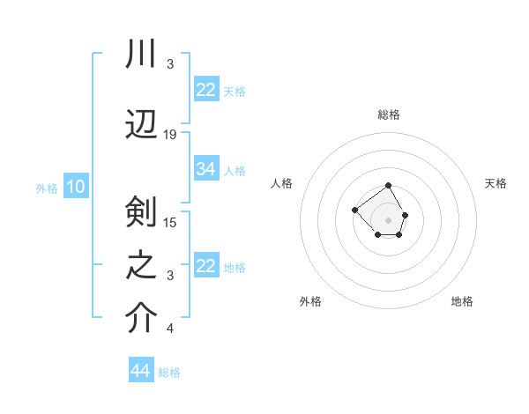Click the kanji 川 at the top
click(141, 55)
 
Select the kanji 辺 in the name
click(141, 123)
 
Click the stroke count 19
click(170, 135)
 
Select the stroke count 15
click(170, 222)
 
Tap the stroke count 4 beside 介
click(170, 329)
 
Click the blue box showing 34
click(206, 169)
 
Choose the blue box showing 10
click(75, 187)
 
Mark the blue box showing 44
click(141, 371)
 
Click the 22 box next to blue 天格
click(206, 90)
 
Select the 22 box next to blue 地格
click(206, 266)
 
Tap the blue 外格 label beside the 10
click(47, 188)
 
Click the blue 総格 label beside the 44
click(169, 373)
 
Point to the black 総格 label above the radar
click(389, 115)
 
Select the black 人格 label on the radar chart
click(281, 183)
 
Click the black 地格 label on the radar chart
click(462, 301)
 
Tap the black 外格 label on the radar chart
click(310, 301)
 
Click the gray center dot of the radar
click(388, 219)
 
